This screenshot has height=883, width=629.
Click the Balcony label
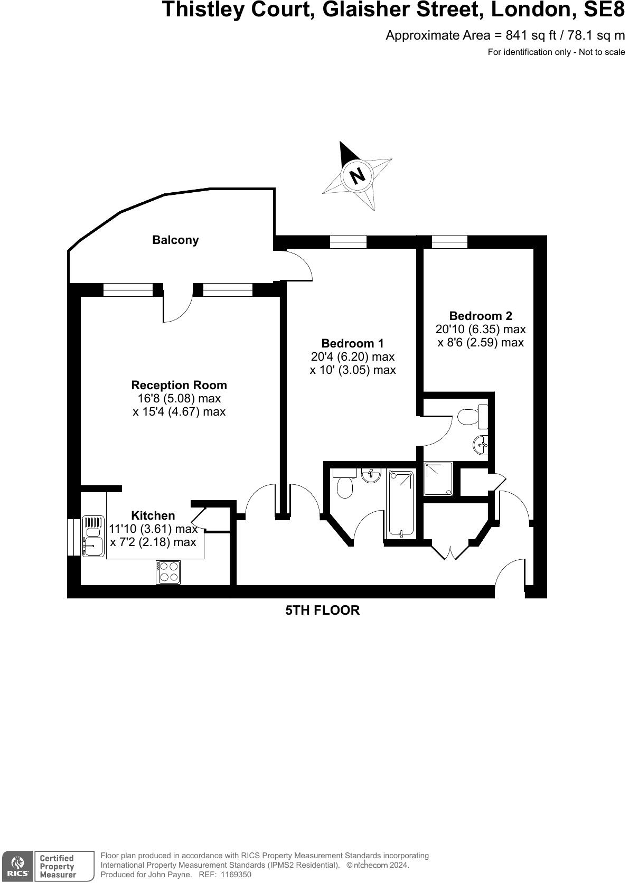tap(175, 240)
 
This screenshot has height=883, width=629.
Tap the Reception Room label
tap(179, 385)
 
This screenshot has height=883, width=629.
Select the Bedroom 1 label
tap(352, 343)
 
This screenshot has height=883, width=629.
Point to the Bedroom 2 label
tap(481, 316)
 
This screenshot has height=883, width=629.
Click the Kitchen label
tap(153, 515)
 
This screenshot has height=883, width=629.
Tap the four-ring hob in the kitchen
tap(168, 572)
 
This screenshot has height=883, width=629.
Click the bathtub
tap(402, 503)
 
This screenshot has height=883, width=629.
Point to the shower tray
tap(438, 479)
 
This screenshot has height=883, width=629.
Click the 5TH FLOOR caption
tap(322, 610)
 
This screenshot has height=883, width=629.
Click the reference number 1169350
tap(237, 875)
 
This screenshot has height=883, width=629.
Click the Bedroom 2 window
tap(449, 242)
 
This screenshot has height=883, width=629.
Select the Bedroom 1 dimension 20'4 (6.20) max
tap(352, 357)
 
